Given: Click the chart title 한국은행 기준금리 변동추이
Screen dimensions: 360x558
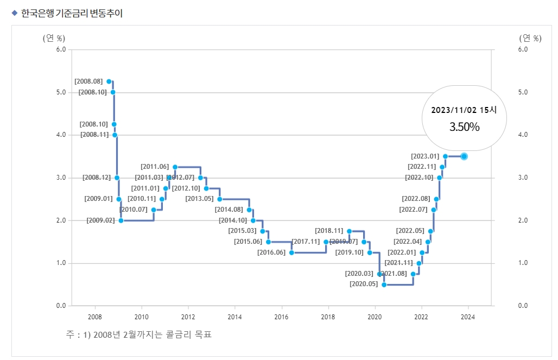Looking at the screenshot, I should (x=72, y=14).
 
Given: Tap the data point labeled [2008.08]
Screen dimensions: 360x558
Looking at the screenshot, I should (x=109, y=81).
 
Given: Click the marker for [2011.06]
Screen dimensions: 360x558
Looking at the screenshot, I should (x=175, y=167).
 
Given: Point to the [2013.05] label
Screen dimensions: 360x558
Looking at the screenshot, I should (x=199, y=199).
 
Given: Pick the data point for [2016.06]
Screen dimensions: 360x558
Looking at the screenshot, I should (x=291, y=252).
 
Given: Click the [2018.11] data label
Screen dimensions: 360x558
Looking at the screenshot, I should (x=329, y=231).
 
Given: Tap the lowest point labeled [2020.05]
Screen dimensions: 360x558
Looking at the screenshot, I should (x=384, y=285).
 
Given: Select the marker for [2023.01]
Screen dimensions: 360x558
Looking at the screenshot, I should (x=445, y=156).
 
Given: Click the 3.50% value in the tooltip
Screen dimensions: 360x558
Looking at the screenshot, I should (x=464, y=127).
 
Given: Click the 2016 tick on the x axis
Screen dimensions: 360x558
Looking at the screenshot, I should (x=281, y=317).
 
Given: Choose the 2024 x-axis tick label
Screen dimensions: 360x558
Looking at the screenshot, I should (x=468, y=317).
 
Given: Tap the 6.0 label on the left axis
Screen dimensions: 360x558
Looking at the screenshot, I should (x=61, y=49).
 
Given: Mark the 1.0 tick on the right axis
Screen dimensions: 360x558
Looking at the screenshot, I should (x=523, y=263).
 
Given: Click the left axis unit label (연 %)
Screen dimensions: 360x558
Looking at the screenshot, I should (x=54, y=38).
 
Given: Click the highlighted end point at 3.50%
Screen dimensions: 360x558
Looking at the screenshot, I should (x=464, y=156).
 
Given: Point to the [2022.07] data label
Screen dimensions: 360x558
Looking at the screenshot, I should (x=414, y=210).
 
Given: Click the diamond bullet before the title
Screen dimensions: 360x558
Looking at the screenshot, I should (x=15, y=13).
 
